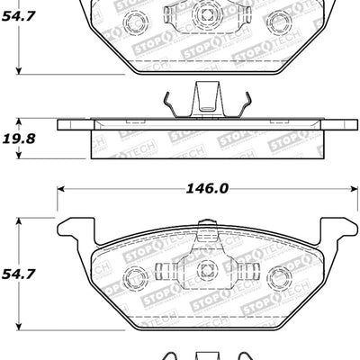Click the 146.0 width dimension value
206,189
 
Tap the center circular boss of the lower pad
206,268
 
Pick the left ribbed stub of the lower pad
166,270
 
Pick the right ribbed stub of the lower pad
247,270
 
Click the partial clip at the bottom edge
206,355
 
